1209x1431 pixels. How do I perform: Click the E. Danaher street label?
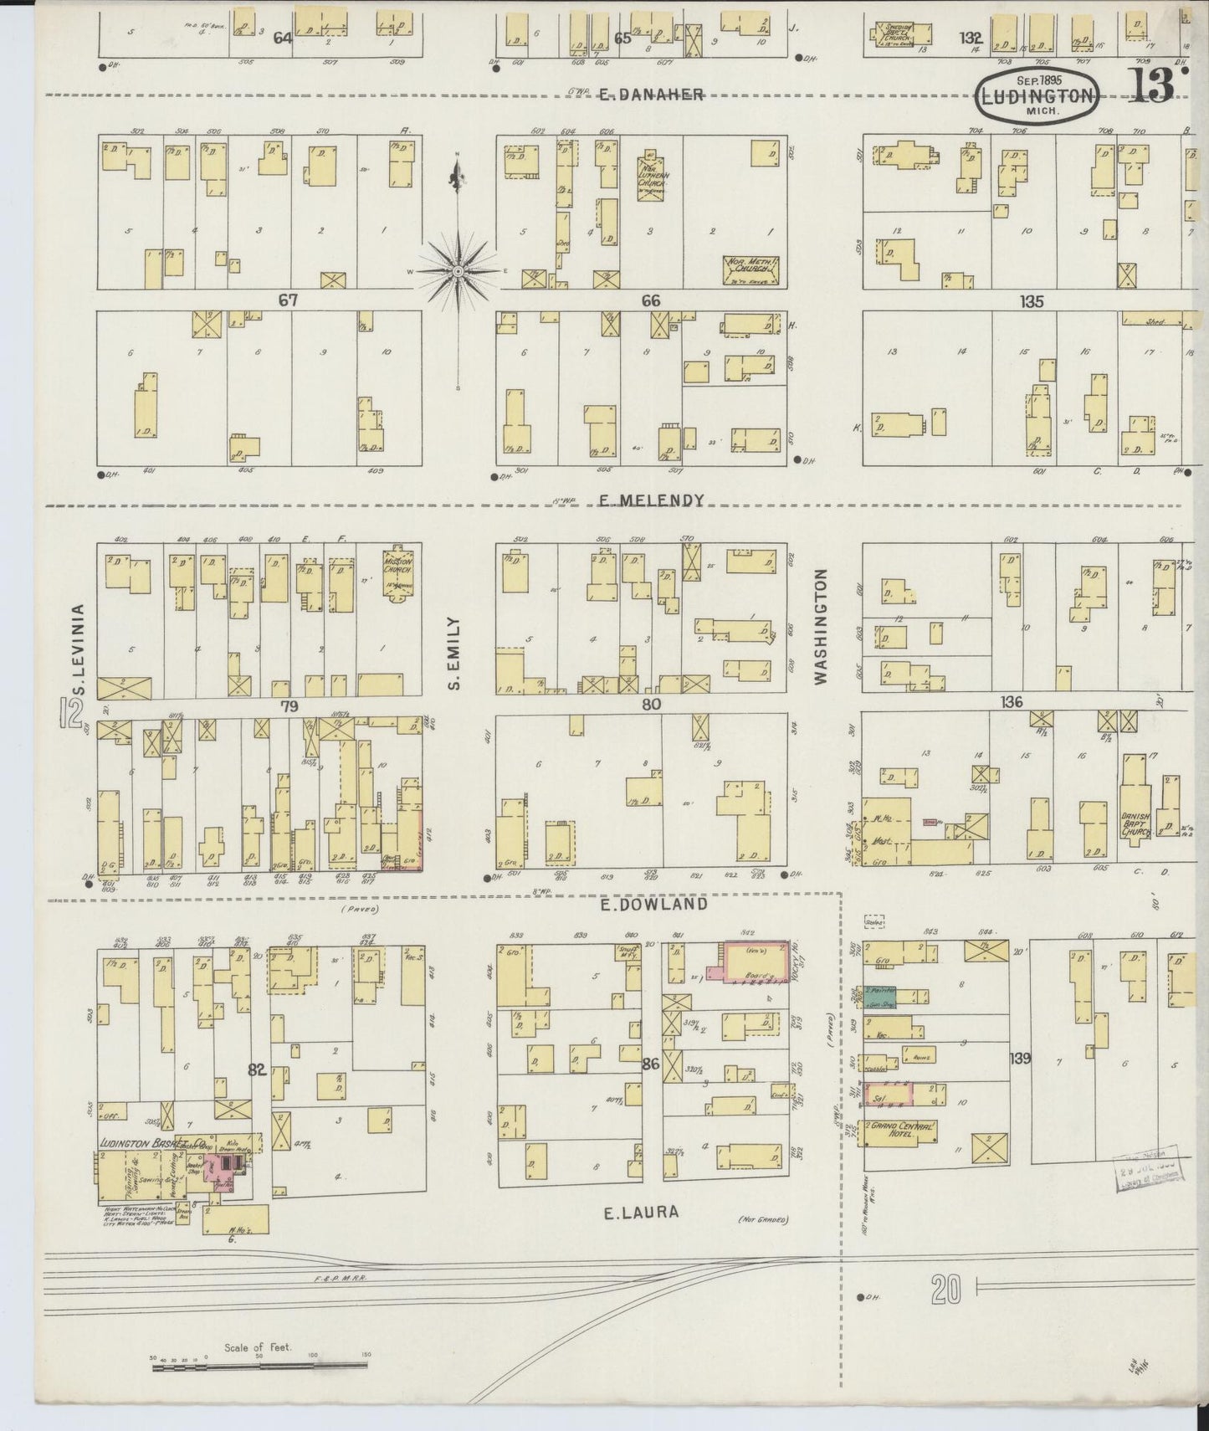click(x=650, y=95)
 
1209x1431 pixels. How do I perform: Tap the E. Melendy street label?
click(x=652, y=500)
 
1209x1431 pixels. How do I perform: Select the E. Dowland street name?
click(x=653, y=905)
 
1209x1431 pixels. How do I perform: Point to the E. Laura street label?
click(x=641, y=1213)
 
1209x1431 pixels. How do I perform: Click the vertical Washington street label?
click(x=821, y=627)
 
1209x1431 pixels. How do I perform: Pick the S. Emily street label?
click(x=454, y=654)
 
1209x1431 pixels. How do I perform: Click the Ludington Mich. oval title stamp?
click(x=1037, y=96)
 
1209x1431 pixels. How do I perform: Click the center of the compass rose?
click(x=458, y=273)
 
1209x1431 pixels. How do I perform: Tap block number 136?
click(x=1011, y=702)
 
